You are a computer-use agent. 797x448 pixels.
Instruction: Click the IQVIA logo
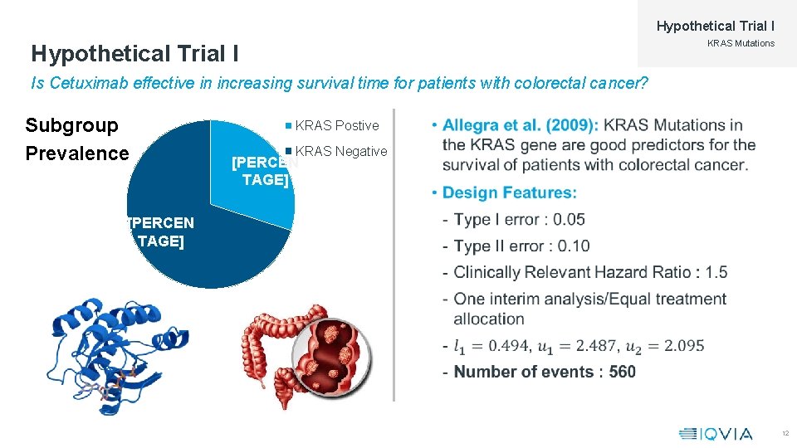[715, 433]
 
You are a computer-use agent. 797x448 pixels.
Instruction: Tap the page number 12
[785, 434]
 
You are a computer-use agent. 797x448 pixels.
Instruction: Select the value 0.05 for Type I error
[569, 220]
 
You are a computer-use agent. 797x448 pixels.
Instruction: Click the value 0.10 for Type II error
[574, 246]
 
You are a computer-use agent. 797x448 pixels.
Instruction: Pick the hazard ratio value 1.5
[716, 272]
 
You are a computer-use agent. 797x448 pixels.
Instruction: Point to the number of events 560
[622, 372]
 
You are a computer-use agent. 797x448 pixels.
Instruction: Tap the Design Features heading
[509, 192]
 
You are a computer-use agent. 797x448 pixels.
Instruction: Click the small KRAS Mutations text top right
[741, 43]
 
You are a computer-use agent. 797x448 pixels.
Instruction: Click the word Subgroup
[72, 125]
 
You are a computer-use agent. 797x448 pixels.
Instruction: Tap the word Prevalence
[77, 153]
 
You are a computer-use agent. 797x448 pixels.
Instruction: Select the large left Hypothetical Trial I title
[135, 54]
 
